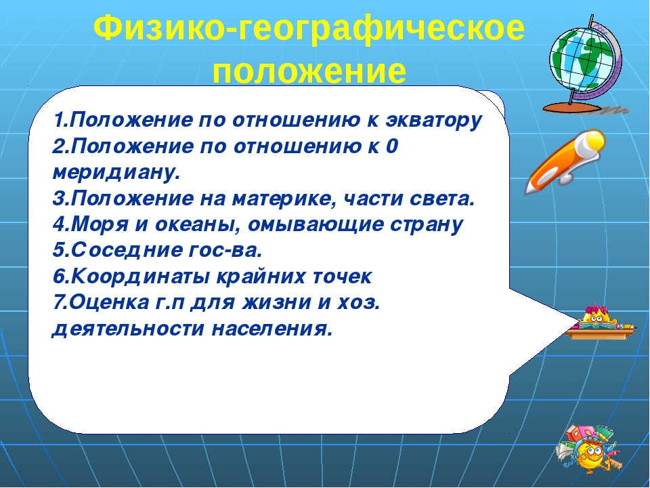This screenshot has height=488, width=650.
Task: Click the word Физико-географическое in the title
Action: (309, 28)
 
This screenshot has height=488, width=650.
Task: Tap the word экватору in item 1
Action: (434, 121)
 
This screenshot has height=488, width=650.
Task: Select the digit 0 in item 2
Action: (391, 146)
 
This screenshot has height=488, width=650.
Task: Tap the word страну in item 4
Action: (427, 225)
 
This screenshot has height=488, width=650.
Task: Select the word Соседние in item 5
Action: (127, 250)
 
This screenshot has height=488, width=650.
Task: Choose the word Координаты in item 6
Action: (140, 277)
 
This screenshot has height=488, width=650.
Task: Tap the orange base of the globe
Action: (572, 108)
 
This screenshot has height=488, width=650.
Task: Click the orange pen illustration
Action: (565, 161)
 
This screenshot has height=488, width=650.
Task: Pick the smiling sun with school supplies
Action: (587, 450)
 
